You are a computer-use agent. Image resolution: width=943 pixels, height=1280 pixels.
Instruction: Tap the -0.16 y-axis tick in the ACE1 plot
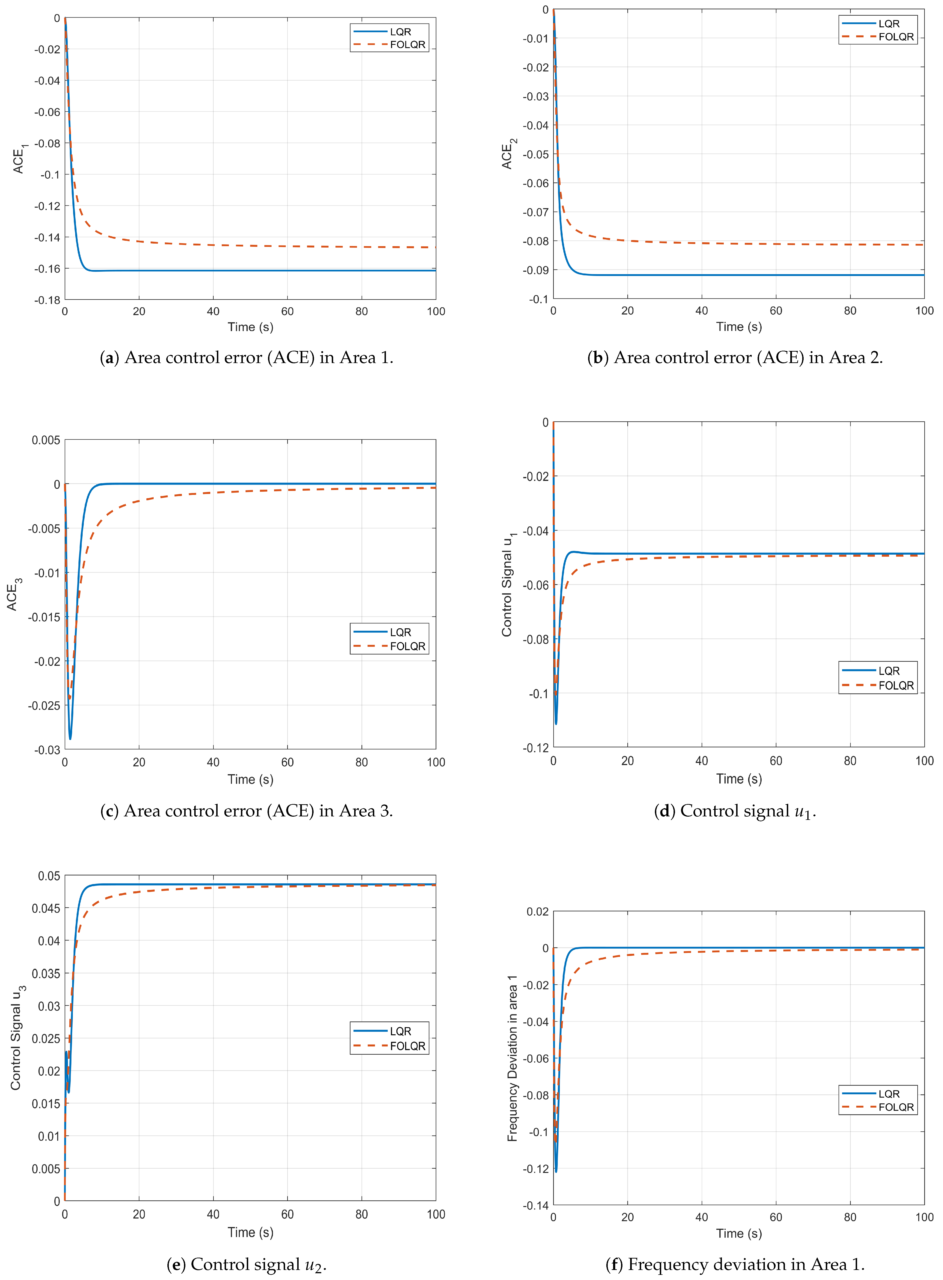(47, 269)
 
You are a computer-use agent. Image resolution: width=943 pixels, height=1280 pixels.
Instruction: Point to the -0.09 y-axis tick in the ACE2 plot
(535, 270)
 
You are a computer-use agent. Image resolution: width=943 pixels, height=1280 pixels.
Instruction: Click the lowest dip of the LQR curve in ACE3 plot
(70, 739)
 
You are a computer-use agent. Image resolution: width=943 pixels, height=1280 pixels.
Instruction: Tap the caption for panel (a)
(247, 358)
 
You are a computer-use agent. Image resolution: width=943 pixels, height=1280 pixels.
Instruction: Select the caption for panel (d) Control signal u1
(735, 811)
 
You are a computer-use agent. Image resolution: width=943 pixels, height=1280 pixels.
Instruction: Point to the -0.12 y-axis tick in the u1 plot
(535, 748)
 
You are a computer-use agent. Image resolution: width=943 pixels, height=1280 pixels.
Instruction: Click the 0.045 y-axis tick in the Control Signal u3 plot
(46, 908)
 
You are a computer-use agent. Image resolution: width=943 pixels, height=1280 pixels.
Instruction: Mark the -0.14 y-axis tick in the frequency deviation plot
(535, 1205)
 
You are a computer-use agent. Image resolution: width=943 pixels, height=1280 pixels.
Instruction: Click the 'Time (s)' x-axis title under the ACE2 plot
(739, 327)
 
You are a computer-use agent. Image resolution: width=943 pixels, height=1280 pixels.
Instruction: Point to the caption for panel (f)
(735, 1265)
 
